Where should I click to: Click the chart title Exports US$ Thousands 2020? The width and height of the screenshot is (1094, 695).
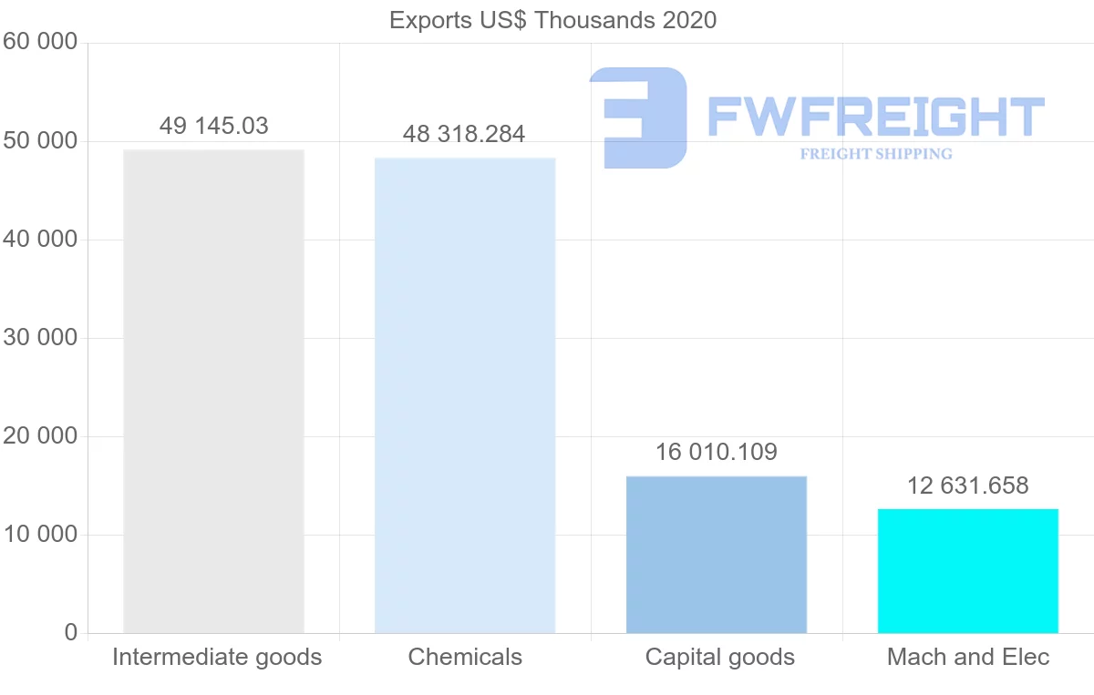[x=552, y=20]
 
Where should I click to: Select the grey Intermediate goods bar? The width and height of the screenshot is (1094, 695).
[x=213, y=392]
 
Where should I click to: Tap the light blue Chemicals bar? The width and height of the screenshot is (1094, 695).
[x=465, y=395]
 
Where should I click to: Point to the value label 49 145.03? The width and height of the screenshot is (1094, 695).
[x=213, y=126]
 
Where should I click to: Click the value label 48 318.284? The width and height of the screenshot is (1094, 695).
[x=464, y=135]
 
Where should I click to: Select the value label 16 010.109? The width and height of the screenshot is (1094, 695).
[x=717, y=452]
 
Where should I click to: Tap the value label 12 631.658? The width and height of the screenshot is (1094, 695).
[x=967, y=485]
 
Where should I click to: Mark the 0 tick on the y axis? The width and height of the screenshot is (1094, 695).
[x=71, y=633]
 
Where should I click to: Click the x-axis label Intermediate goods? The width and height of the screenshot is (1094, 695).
[x=217, y=657]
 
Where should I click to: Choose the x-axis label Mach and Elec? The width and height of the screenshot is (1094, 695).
[x=968, y=657]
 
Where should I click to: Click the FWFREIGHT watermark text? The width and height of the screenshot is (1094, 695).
[x=875, y=117]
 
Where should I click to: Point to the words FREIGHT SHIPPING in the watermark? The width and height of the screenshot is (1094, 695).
[x=876, y=154]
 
